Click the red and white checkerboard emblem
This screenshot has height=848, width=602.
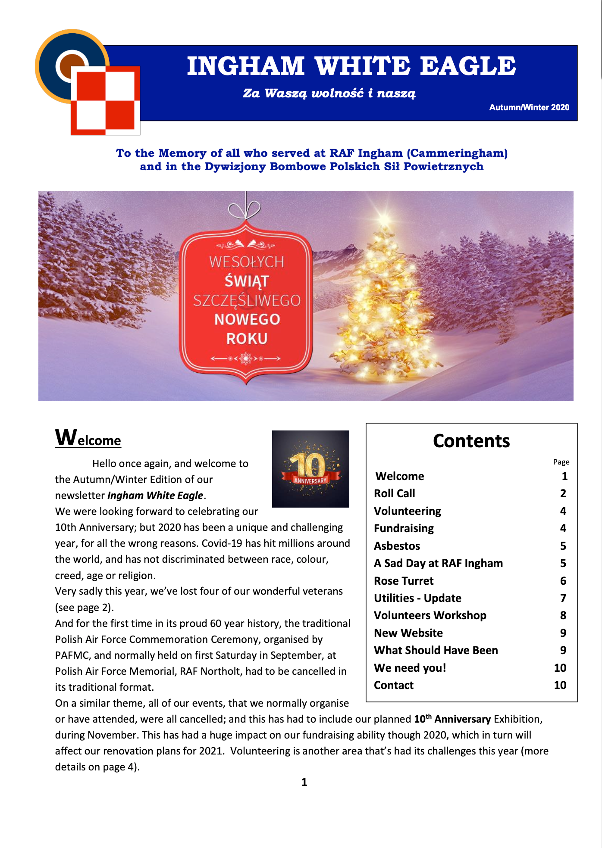click(x=105, y=100)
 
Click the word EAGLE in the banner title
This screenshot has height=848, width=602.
click(x=468, y=66)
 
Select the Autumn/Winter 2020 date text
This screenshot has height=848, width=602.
click(x=529, y=107)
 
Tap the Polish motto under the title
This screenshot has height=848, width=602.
click(x=329, y=93)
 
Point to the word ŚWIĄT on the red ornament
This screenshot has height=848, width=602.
click(x=247, y=281)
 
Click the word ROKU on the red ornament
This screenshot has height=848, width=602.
click(x=247, y=339)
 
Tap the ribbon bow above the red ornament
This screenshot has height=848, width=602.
click(x=245, y=210)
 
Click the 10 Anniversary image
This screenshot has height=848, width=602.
click(x=310, y=469)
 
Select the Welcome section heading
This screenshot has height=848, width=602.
click(x=88, y=439)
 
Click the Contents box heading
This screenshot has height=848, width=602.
click(x=471, y=441)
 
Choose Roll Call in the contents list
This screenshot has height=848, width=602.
click(x=395, y=493)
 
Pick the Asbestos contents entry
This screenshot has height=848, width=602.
click(x=397, y=546)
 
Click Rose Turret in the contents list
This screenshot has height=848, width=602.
click(x=404, y=581)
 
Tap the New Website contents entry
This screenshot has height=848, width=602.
click(x=408, y=633)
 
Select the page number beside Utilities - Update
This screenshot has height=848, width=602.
click(x=563, y=598)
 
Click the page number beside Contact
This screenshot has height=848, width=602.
click(x=560, y=685)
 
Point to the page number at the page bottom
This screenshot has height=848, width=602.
click(x=304, y=782)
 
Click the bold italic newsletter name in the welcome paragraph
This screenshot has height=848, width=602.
click(x=155, y=496)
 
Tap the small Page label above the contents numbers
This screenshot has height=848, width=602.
click(x=561, y=462)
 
